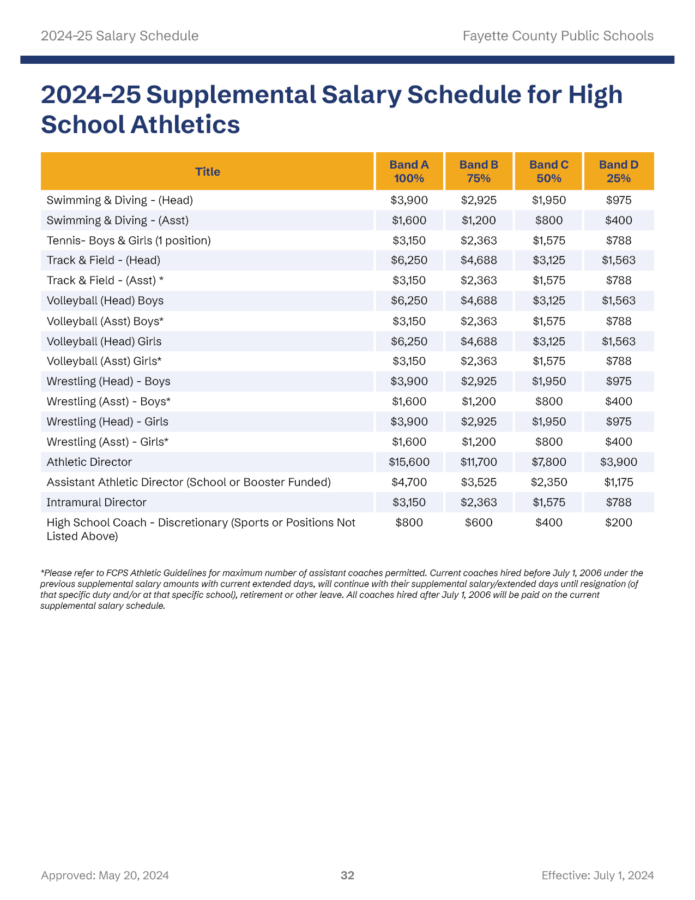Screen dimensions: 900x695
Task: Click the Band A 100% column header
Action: (409, 171)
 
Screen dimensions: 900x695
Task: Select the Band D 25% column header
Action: (619, 171)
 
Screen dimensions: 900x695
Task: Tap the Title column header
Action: (208, 171)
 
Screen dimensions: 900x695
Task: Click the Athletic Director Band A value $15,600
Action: (409, 462)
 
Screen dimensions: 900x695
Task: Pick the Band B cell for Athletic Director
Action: (479, 462)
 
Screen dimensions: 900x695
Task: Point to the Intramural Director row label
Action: (96, 502)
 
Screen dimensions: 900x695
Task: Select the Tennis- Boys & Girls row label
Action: (129, 241)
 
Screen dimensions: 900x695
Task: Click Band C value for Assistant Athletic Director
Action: (549, 482)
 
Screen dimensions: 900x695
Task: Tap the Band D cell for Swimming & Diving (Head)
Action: (619, 200)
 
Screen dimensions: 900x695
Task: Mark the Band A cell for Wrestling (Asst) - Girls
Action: (409, 442)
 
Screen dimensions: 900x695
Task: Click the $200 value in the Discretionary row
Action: (619, 523)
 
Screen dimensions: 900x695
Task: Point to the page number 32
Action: (347, 875)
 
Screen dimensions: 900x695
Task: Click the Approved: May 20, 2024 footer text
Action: (105, 875)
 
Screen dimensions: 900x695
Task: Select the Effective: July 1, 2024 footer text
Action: (597, 875)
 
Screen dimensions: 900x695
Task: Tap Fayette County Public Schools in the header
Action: (558, 36)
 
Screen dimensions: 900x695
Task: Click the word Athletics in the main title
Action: (185, 124)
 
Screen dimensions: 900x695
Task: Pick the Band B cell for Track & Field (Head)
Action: (479, 260)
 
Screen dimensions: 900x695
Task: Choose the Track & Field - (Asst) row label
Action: (105, 280)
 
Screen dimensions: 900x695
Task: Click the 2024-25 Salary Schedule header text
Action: (119, 36)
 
